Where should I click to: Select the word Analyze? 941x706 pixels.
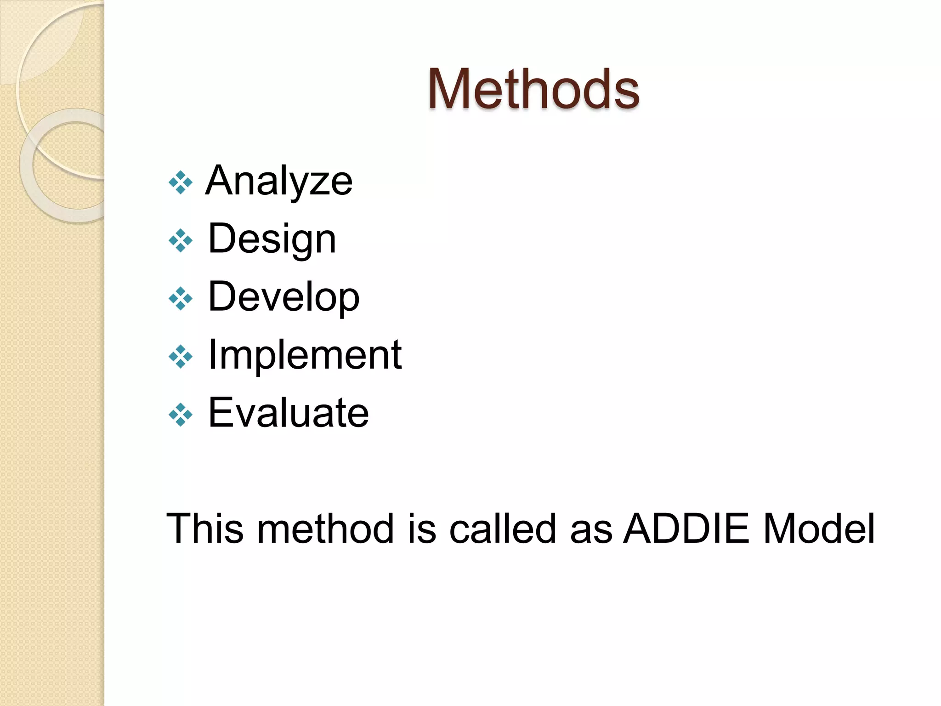(x=279, y=181)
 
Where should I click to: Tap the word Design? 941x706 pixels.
(x=272, y=239)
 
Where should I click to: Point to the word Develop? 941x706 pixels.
(x=283, y=297)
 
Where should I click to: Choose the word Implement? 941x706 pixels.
(x=305, y=354)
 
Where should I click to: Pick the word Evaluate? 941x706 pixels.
(x=288, y=412)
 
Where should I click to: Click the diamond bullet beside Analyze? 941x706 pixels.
(x=181, y=182)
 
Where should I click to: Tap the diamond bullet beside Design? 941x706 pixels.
(x=181, y=240)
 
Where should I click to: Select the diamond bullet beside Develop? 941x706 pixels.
(x=181, y=298)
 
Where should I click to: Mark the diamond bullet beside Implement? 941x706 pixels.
(x=181, y=356)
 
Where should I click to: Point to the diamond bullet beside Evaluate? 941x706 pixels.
(x=181, y=414)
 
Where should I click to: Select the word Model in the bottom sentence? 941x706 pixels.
(x=819, y=529)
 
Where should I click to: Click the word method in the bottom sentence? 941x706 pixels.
(x=325, y=529)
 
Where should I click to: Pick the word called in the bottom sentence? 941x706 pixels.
(x=503, y=529)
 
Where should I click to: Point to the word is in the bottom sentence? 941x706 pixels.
(x=421, y=529)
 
